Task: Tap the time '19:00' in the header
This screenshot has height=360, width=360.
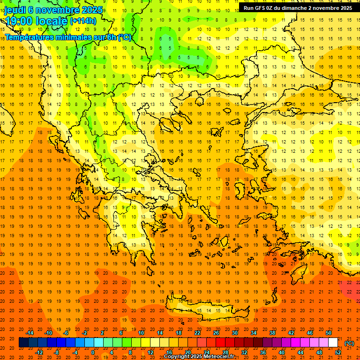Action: (x=19, y=21)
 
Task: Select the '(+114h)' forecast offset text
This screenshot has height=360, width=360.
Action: (x=83, y=21)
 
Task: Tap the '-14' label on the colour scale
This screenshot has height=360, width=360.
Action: (x=31, y=333)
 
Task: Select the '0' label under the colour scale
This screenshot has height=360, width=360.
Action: (x=92, y=352)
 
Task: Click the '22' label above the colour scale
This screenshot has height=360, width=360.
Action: (x=197, y=333)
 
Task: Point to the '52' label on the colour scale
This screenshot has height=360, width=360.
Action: (x=338, y=352)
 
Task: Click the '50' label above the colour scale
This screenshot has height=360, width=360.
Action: (x=328, y=333)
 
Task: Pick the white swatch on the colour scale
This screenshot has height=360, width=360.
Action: (x=333, y=343)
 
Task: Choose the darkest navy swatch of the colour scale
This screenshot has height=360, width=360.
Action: (x=23, y=343)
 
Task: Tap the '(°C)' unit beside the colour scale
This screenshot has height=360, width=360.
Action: (x=349, y=343)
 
